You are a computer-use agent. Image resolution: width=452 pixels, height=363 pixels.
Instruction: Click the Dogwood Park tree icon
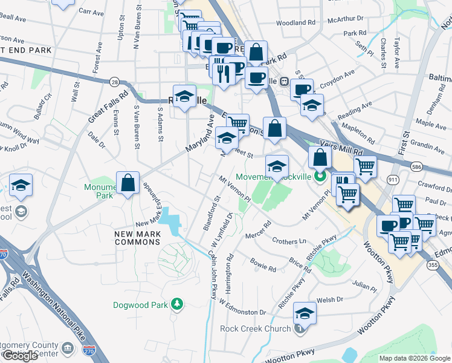[177, 303]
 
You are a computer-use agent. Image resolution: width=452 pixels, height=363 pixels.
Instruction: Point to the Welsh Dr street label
[329, 299]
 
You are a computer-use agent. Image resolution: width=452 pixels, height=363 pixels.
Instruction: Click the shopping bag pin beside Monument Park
[128, 183]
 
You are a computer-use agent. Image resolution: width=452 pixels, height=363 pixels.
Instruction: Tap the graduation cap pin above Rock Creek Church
[305, 313]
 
